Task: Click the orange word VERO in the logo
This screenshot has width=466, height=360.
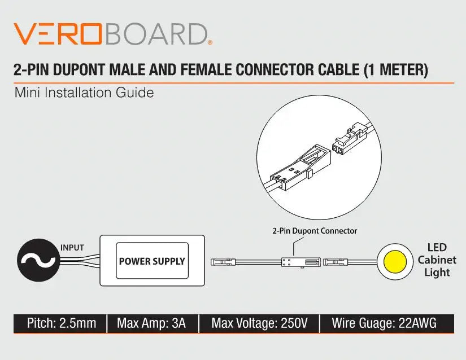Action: [x=58, y=34]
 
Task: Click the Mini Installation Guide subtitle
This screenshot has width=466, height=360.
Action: [x=84, y=92]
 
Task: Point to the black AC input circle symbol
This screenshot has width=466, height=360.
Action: [x=38, y=261]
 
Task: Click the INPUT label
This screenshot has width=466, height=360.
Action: [x=72, y=247]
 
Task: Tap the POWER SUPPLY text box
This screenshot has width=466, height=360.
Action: [x=152, y=261]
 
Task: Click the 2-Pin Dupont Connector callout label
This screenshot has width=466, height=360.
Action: [x=315, y=231]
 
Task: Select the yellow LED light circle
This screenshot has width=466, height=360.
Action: [x=397, y=261]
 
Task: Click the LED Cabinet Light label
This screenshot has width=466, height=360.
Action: [x=437, y=260]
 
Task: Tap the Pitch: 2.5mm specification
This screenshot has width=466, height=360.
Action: [x=61, y=323]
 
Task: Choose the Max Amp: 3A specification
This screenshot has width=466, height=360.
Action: [x=151, y=323]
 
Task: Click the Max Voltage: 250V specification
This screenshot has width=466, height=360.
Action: [x=259, y=323]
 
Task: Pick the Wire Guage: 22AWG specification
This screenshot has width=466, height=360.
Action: [x=384, y=323]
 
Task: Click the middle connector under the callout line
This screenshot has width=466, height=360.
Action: [x=294, y=262]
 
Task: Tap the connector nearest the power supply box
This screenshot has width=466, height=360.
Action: [x=221, y=262]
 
